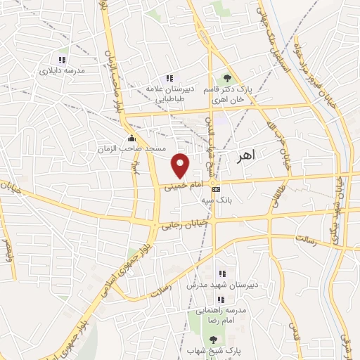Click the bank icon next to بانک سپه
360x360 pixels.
(x=216, y=189)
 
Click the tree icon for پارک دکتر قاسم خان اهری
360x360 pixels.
(x=226, y=78)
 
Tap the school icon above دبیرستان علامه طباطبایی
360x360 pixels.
(x=169, y=78)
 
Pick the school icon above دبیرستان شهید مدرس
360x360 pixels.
(x=222, y=274)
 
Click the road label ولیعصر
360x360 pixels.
(x=8, y=250)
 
